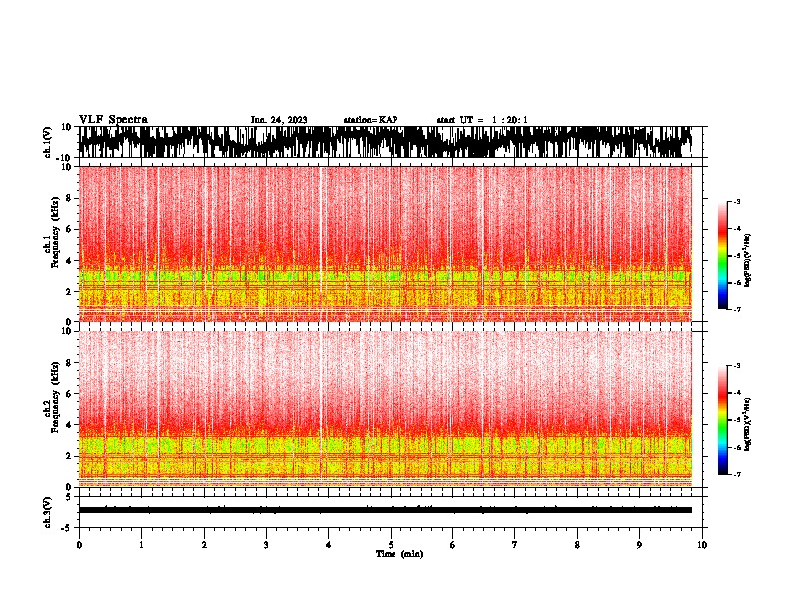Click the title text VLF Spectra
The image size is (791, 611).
pyautogui.click(x=113, y=120)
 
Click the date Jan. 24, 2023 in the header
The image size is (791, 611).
pyautogui.click(x=279, y=120)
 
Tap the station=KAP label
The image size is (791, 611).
pyautogui.click(x=370, y=120)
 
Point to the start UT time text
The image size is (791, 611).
pyautogui.click(x=482, y=120)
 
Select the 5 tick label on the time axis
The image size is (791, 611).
pyautogui.click(x=391, y=544)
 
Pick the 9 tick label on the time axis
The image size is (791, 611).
pyautogui.click(x=640, y=544)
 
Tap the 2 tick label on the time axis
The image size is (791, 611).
pyautogui.click(x=204, y=544)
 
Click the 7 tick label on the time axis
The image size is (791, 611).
pyautogui.click(x=515, y=544)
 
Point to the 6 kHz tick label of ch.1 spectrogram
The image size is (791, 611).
pyautogui.click(x=68, y=229)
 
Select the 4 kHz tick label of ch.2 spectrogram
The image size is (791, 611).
pyautogui.click(x=68, y=425)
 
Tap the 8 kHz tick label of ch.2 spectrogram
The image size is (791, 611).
pyautogui.click(x=68, y=363)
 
